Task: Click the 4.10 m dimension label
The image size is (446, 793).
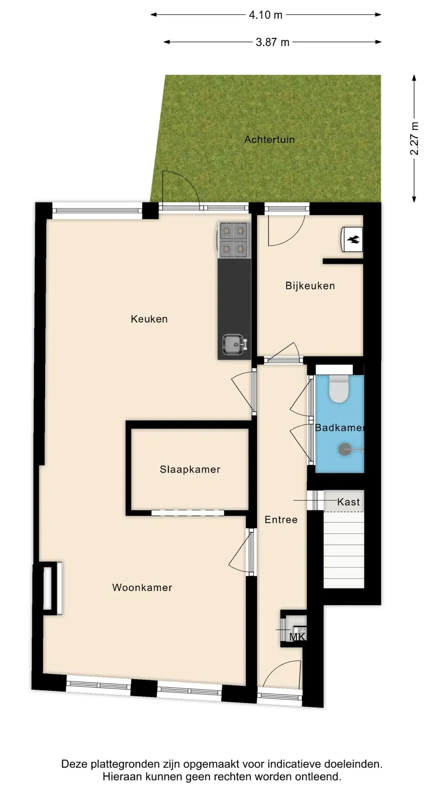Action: click(265, 15)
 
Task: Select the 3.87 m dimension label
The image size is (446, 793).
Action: click(272, 42)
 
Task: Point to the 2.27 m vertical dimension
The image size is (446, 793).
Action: click(414, 138)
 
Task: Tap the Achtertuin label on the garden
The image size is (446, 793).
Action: click(269, 139)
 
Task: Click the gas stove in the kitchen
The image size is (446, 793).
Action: click(234, 240)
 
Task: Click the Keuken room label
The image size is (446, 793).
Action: click(149, 319)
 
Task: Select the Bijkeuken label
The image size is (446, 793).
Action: click(310, 286)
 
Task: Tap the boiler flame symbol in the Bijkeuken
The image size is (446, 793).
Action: click(353, 239)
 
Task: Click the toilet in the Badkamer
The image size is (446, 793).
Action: click(339, 389)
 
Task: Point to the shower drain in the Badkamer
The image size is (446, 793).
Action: click(345, 449)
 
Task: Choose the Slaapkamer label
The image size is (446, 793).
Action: click(190, 469)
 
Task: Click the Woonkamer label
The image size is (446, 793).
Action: click(142, 587)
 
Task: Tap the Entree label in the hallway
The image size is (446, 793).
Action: click(281, 519)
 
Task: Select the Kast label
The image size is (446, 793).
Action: click(348, 502)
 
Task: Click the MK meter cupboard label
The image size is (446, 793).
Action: click(297, 637)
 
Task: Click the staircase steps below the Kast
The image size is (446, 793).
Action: click(344, 550)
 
